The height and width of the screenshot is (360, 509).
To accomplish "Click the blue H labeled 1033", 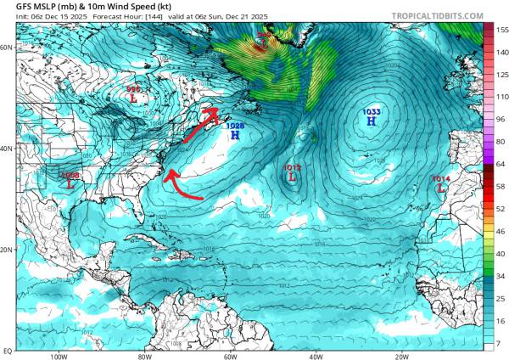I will click(371, 121).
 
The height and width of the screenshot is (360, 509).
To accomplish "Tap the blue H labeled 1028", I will click(234, 135).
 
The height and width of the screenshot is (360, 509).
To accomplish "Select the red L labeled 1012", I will click(293, 177).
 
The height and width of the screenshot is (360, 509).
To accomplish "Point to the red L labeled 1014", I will click(440, 188).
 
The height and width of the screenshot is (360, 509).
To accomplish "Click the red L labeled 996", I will click(134, 98).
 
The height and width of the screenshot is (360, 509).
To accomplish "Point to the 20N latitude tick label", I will click(7, 250).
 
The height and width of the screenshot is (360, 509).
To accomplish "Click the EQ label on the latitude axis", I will click(7, 350).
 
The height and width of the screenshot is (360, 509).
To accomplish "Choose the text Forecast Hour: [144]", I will click(118, 18).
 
